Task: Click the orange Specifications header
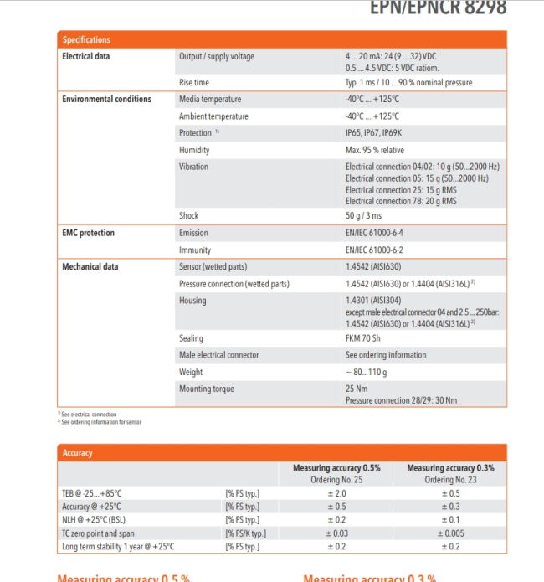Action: (x=87, y=39)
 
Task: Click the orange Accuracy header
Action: (x=77, y=452)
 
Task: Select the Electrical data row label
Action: (x=85, y=56)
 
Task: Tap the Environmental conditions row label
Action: (x=106, y=99)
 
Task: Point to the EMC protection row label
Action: (x=88, y=233)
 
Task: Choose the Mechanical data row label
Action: (x=90, y=267)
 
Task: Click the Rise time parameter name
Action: (x=194, y=83)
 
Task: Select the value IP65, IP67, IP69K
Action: (x=373, y=133)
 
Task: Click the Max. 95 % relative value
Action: (x=374, y=150)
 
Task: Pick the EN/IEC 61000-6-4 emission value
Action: (x=379, y=233)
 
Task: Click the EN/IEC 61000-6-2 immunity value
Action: (x=379, y=250)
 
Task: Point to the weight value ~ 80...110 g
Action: (x=367, y=372)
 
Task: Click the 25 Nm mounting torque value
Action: (x=357, y=389)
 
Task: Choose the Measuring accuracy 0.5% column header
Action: (x=336, y=468)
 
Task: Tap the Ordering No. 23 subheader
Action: (x=450, y=480)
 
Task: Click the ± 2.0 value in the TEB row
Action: (x=336, y=493)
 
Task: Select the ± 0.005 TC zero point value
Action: (x=450, y=533)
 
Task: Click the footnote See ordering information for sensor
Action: (x=101, y=422)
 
